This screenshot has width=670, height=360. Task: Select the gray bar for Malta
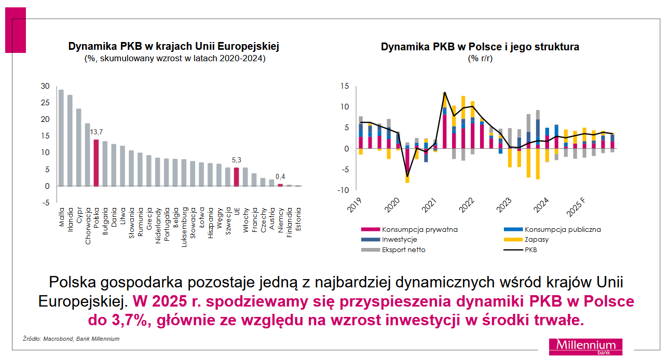point(61,137)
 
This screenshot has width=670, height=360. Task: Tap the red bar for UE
point(236,176)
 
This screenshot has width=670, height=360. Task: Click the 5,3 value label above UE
point(236,160)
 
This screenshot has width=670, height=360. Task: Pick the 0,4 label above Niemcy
point(280,176)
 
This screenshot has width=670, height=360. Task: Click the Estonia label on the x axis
point(298,220)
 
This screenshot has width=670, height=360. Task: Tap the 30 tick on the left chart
point(45,86)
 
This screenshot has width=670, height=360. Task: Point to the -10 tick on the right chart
point(343,190)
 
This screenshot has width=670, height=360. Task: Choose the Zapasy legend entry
point(537,240)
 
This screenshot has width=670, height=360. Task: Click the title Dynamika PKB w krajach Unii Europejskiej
point(174,47)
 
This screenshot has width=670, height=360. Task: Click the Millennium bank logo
point(585,347)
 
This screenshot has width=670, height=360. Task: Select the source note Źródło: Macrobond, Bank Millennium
point(71,339)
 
